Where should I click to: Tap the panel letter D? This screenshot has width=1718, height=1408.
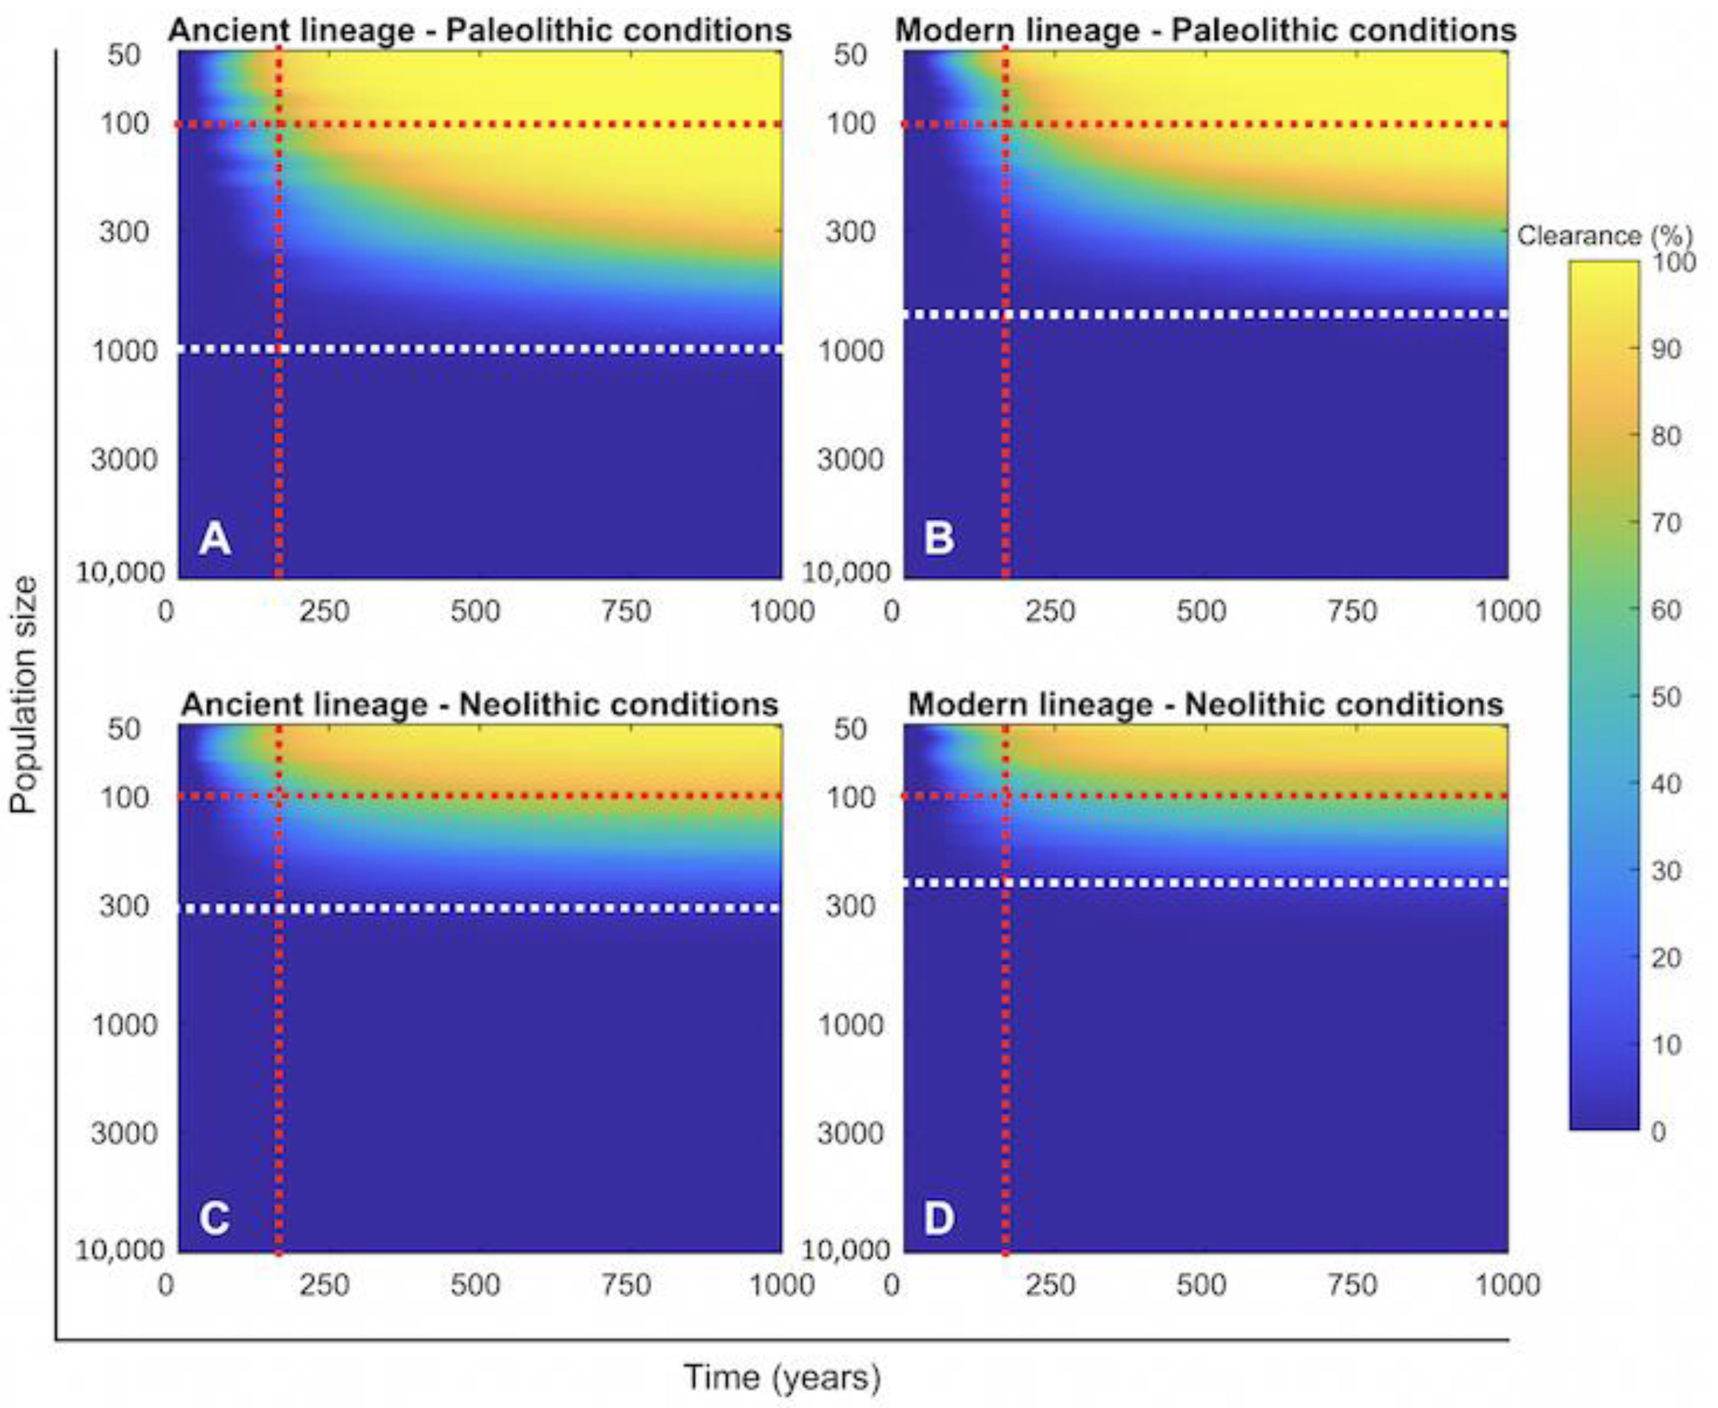click(x=939, y=1218)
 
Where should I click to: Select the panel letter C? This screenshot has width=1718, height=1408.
click(x=214, y=1218)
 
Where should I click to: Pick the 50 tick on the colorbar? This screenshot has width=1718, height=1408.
click(x=1666, y=696)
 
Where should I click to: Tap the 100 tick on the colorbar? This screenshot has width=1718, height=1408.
click(x=1673, y=262)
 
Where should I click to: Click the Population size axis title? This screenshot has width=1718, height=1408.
click(x=24, y=694)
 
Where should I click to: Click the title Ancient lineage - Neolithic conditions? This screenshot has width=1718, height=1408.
click(x=479, y=704)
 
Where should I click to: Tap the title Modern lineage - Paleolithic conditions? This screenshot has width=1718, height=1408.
click(x=1205, y=31)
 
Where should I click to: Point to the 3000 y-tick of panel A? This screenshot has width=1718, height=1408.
click(x=123, y=459)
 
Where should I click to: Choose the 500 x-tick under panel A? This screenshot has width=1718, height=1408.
click(x=475, y=611)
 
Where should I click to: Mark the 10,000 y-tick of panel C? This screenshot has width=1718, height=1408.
click(x=119, y=1250)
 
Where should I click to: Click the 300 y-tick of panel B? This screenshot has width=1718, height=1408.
click(x=850, y=232)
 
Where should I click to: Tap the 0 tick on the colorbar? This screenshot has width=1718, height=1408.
click(x=1658, y=1131)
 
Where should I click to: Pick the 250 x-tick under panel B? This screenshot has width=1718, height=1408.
click(x=1050, y=611)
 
